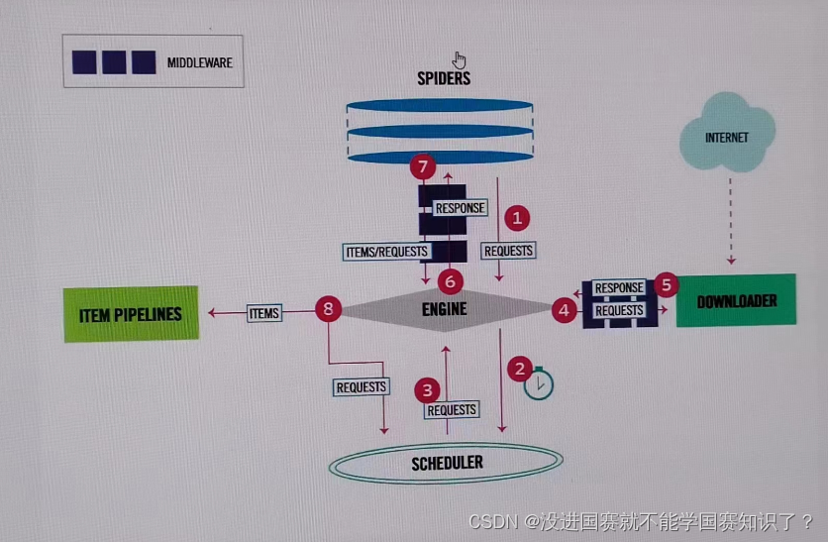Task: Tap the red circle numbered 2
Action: pos(519,370)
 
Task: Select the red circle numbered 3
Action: pos(427,389)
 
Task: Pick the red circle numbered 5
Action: pos(666,285)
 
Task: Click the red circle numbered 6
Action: pos(452,281)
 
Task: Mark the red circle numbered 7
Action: pos(422,165)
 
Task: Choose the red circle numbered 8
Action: pos(328,310)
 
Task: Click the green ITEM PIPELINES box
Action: pos(131,314)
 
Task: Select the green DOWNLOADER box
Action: pos(736,301)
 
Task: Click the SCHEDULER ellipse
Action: pos(448,463)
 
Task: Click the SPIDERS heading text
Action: pos(443,78)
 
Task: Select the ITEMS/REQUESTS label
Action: pos(386,251)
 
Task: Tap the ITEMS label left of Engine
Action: pos(263,313)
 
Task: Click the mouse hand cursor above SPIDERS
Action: pos(459,59)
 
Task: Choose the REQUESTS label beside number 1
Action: pos(508,251)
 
